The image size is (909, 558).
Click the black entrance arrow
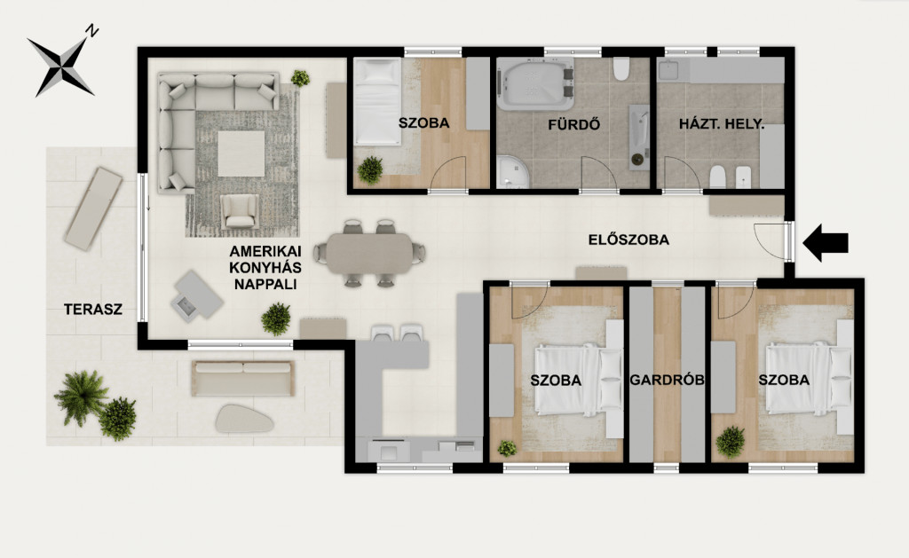tap(826, 243)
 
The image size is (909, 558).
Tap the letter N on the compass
tap(91, 31)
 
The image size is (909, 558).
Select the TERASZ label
tap(93, 310)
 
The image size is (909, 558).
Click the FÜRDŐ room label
tap(574, 124)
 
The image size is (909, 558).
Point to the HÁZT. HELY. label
tap(722, 123)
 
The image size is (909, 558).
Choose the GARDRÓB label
tap(667, 380)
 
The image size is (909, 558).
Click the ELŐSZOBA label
tap(628, 240)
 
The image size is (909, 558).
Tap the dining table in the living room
tap(369, 253)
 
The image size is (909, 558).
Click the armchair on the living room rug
tap(240, 211)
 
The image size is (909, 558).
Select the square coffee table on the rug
tap(241, 153)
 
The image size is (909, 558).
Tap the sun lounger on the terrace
tap(93, 208)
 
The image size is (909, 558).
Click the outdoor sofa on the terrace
tap(243, 379)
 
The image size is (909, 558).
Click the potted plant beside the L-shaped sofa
tap(300, 78)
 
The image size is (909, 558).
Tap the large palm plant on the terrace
tap(81, 397)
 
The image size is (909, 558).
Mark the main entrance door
tap(787, 240)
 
